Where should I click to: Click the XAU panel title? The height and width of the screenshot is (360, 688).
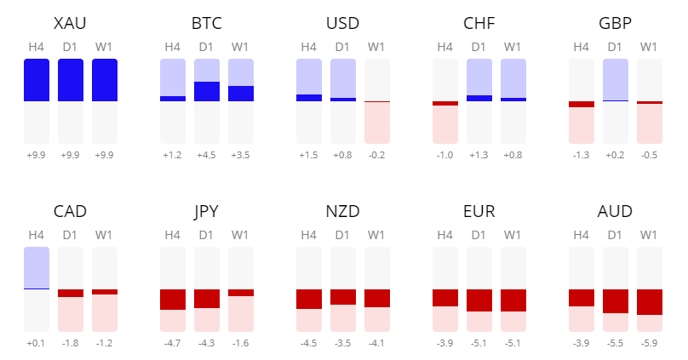click(71, 23)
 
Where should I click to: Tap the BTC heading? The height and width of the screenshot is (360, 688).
click(207, 23)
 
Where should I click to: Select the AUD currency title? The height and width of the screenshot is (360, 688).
click(616, 211)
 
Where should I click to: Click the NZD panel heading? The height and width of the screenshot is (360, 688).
click(343, 211)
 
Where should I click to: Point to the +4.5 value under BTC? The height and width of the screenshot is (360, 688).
click(207, 155)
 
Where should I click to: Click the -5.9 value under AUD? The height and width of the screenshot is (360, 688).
click(650, 343)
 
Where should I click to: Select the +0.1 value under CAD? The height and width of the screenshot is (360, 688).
click(37, 343)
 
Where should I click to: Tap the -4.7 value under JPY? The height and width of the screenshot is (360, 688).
click(173, 343)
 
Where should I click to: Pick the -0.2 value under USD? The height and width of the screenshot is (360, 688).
click(377, 155)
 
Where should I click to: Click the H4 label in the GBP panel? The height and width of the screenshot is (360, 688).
click(582, 47)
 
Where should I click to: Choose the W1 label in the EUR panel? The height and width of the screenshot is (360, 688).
click(513, 235)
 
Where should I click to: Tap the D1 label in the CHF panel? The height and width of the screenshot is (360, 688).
click(479, 47)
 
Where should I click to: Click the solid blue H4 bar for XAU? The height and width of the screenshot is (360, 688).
click(37, 80)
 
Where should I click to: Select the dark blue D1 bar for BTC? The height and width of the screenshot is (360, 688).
click(207, 91)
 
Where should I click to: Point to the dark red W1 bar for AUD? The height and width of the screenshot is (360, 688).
click(650, 302)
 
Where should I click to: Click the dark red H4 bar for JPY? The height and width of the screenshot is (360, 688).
click(173, 300)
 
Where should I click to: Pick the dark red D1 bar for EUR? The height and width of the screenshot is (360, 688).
click(479, 300)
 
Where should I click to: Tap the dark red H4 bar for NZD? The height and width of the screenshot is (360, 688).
click(309, 299)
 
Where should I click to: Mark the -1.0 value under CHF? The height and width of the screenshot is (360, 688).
click(445, 155)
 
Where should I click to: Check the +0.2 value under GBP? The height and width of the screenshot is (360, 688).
click(616, 155)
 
